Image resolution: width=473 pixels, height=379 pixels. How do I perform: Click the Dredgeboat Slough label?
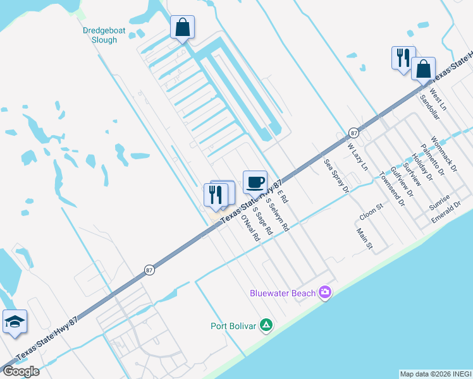pos(101,35)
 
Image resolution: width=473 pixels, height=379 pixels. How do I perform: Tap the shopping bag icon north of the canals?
pos(182,28)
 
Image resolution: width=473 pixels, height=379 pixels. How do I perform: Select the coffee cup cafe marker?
pos(255,183)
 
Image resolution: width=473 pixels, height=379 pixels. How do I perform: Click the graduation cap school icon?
pos(15,323)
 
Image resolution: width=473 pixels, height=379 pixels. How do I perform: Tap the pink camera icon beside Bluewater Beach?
pos(325,292)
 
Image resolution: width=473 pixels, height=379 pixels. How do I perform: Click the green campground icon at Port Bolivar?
pos(267,325)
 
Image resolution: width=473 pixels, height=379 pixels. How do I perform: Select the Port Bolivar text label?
pos(233,326)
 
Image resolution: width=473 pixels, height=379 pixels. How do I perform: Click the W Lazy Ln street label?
pos(357,157)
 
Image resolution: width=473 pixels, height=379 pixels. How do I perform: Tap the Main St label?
pos(365,239)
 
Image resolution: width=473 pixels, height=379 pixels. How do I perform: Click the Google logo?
pos(20,371)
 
